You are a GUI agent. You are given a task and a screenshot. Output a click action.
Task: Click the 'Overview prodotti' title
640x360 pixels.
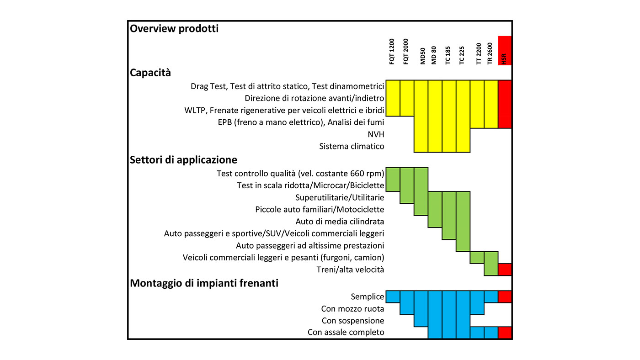point(174,29)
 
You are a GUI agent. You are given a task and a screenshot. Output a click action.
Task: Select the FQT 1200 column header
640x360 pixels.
point(392,51)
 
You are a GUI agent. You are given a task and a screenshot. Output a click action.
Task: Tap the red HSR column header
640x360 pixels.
point(505,51)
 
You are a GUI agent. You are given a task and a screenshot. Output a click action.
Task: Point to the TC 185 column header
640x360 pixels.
point(448,55)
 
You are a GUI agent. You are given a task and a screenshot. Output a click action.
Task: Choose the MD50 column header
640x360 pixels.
point(422,56)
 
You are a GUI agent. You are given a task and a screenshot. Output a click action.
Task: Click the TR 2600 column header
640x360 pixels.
point(490,53)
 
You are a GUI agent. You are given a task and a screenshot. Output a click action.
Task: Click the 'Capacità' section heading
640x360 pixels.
point(150,73)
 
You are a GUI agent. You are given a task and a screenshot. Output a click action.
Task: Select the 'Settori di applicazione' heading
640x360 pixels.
point(183,160)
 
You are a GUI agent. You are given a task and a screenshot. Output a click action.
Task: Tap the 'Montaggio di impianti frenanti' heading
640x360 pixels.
point(204,283)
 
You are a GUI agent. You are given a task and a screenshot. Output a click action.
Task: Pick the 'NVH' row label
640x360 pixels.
point(376,134)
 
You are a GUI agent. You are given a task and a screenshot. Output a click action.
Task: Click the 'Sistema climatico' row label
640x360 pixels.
point(352,146)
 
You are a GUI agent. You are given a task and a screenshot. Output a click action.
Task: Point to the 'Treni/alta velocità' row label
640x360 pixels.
point(350,270)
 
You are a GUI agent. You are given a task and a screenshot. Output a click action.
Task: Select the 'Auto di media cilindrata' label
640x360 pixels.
point(340,222)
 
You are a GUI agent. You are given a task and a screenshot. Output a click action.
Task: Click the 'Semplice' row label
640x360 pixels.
point(368,296)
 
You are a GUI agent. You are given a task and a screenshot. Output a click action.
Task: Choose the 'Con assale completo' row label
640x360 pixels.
point(346,332)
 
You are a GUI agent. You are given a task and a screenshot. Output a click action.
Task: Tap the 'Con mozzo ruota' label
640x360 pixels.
point(352,309)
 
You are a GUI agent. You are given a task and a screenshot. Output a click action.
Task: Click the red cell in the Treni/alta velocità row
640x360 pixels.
point(505,270)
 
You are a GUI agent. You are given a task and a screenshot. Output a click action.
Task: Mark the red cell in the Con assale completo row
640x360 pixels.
point(505,333)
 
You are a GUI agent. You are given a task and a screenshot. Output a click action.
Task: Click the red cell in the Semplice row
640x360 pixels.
point(505,296)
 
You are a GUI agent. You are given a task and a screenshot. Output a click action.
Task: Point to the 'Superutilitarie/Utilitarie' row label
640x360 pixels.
point(340,197)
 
